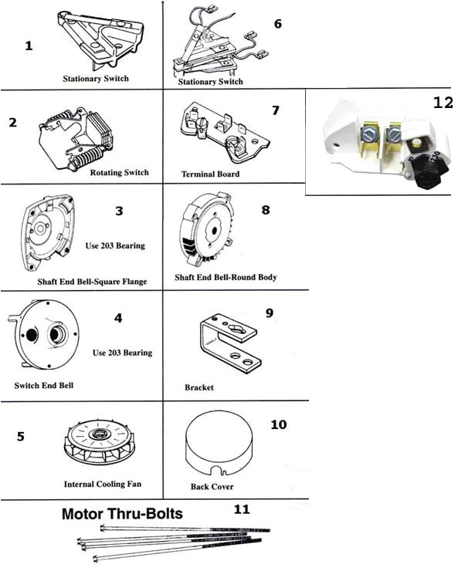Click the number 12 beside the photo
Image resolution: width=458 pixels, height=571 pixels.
point(443,103)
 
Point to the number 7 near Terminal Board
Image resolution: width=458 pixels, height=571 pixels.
point(276,110)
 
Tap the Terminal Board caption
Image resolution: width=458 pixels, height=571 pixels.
point(210,174)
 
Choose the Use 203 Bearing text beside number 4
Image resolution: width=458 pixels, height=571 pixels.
point(122,353)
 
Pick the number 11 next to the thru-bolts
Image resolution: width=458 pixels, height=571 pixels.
point(242,509)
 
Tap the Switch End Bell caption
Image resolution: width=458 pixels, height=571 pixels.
point(43,384)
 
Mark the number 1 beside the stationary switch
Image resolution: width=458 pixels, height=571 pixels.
point(29,46)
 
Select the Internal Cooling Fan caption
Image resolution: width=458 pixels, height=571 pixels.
point(102,485)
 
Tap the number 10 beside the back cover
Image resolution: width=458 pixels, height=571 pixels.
point(279,424)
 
